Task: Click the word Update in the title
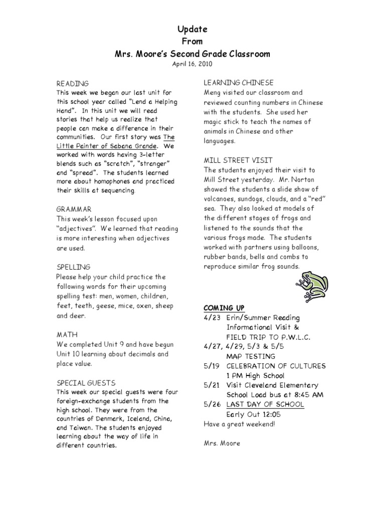pos(193,30)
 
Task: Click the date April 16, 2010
pos(193,64)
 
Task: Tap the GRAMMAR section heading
pos(74,209)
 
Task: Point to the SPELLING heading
pos(73,267)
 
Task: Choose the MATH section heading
pos(67,334)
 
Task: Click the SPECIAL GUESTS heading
pos(86,382)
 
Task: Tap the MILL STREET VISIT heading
pos(238,160)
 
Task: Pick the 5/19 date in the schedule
pos(211,366)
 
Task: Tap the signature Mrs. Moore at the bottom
pos(222,443)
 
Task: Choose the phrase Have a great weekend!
pos(239,424)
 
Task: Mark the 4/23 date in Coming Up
pos(211,318)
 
